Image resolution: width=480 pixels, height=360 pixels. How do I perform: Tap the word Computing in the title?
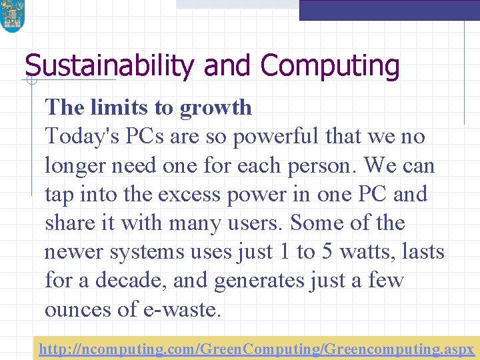[x=330, y=67]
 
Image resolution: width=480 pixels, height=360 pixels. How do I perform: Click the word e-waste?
[x=182, y=309]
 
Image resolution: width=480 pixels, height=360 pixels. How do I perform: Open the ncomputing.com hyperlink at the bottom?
[x=257, y=349]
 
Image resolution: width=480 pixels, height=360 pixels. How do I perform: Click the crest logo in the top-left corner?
[x=11, y=16]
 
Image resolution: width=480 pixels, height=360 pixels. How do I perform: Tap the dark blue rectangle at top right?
[x=389, y=10]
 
